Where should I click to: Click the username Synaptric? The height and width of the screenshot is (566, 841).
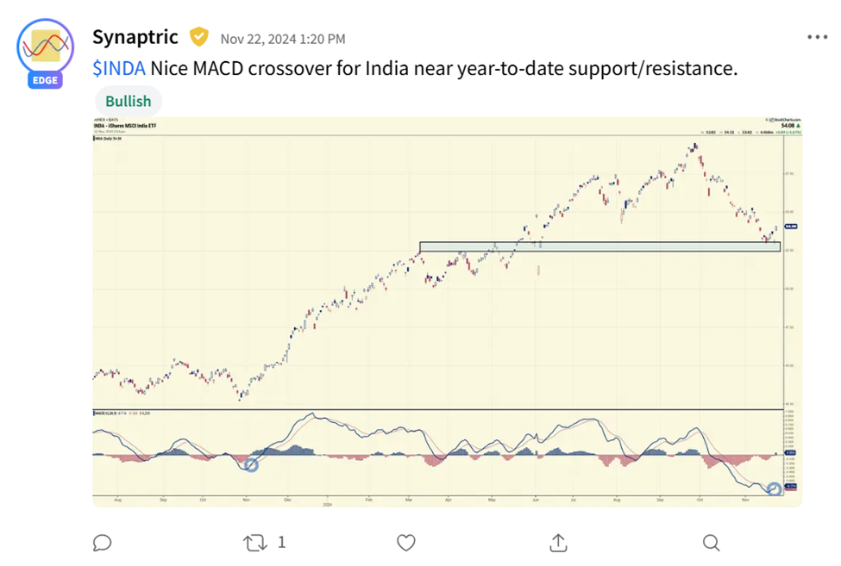click(x=135, y=37)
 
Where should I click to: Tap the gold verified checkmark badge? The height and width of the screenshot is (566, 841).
click(x=199, y=37)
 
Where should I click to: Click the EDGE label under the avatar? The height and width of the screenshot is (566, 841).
click(x=45, y=80)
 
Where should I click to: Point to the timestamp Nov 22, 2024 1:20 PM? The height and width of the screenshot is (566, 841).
click(x=283, y=39)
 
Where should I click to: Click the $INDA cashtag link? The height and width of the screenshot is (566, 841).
click(x=119, y=68)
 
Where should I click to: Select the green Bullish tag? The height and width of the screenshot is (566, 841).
click(x=128, y=101)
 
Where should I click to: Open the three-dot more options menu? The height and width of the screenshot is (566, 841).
click(x=817, y=37)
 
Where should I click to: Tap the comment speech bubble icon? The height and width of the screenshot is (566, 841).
click(x=102, y=542)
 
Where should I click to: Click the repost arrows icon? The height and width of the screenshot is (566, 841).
click(x=254, y=542)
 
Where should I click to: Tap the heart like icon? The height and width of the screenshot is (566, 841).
click(x=406, y=542)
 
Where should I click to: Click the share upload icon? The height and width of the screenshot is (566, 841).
click(x=558, y=542)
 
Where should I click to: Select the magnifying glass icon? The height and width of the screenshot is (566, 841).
click(x=711, y=542)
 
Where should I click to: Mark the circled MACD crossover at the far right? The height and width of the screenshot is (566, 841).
click(x=774, y=489)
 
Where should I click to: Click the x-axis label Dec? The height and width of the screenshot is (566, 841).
click(x=288, y=499)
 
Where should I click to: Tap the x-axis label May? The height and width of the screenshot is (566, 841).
click(x=491, y=499)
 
